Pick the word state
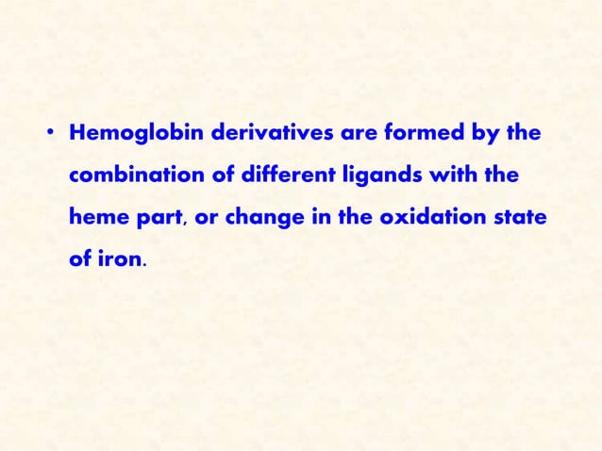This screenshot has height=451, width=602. pos(516,218)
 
